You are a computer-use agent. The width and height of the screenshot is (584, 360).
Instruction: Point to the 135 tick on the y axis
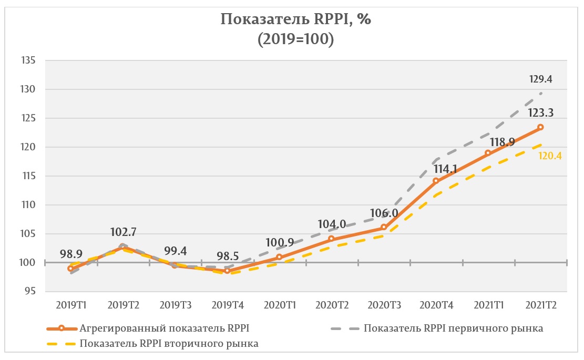click(x=28, y=60)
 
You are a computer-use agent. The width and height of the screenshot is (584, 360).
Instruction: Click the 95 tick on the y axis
click(x=30, y=292)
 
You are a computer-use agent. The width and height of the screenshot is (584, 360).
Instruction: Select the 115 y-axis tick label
click(x=28, y=176)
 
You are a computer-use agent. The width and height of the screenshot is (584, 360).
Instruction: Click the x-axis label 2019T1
click(x=70, y=305)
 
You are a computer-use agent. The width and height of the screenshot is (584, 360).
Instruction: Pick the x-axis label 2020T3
click(x=384, y=305)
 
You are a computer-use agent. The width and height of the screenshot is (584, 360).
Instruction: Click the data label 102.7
click(x=124, y=232)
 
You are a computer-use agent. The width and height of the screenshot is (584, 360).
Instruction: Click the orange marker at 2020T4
click(x=436, y=181)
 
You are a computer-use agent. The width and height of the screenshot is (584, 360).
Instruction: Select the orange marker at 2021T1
click(x=488, y=153)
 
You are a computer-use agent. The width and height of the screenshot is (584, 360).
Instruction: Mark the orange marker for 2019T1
click(x=70, y=269)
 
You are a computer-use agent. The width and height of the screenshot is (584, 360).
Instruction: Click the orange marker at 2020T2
click(x=331, y=239)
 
